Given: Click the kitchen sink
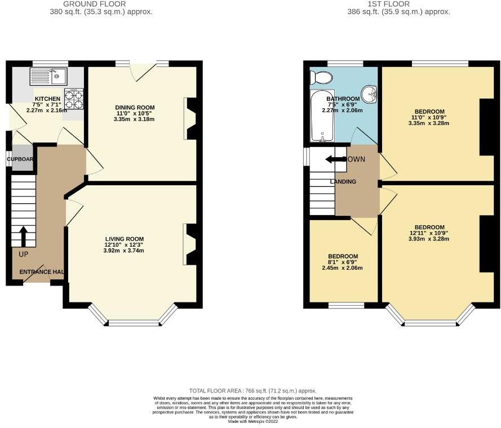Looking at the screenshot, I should coord(49,76).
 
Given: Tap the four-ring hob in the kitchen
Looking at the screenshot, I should coord(73,99).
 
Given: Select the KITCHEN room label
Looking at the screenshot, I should coord(47,99).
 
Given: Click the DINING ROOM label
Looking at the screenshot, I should coord(135,108).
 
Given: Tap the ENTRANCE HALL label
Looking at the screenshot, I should coord(41,272).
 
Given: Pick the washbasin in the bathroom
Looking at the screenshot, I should coord(369,94).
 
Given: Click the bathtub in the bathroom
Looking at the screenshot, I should coord(322,115).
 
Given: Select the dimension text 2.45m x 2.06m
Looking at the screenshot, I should coord(343,267).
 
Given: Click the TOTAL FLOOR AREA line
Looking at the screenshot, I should coord(253,391).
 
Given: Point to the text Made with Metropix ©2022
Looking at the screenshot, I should coord(253,421).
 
